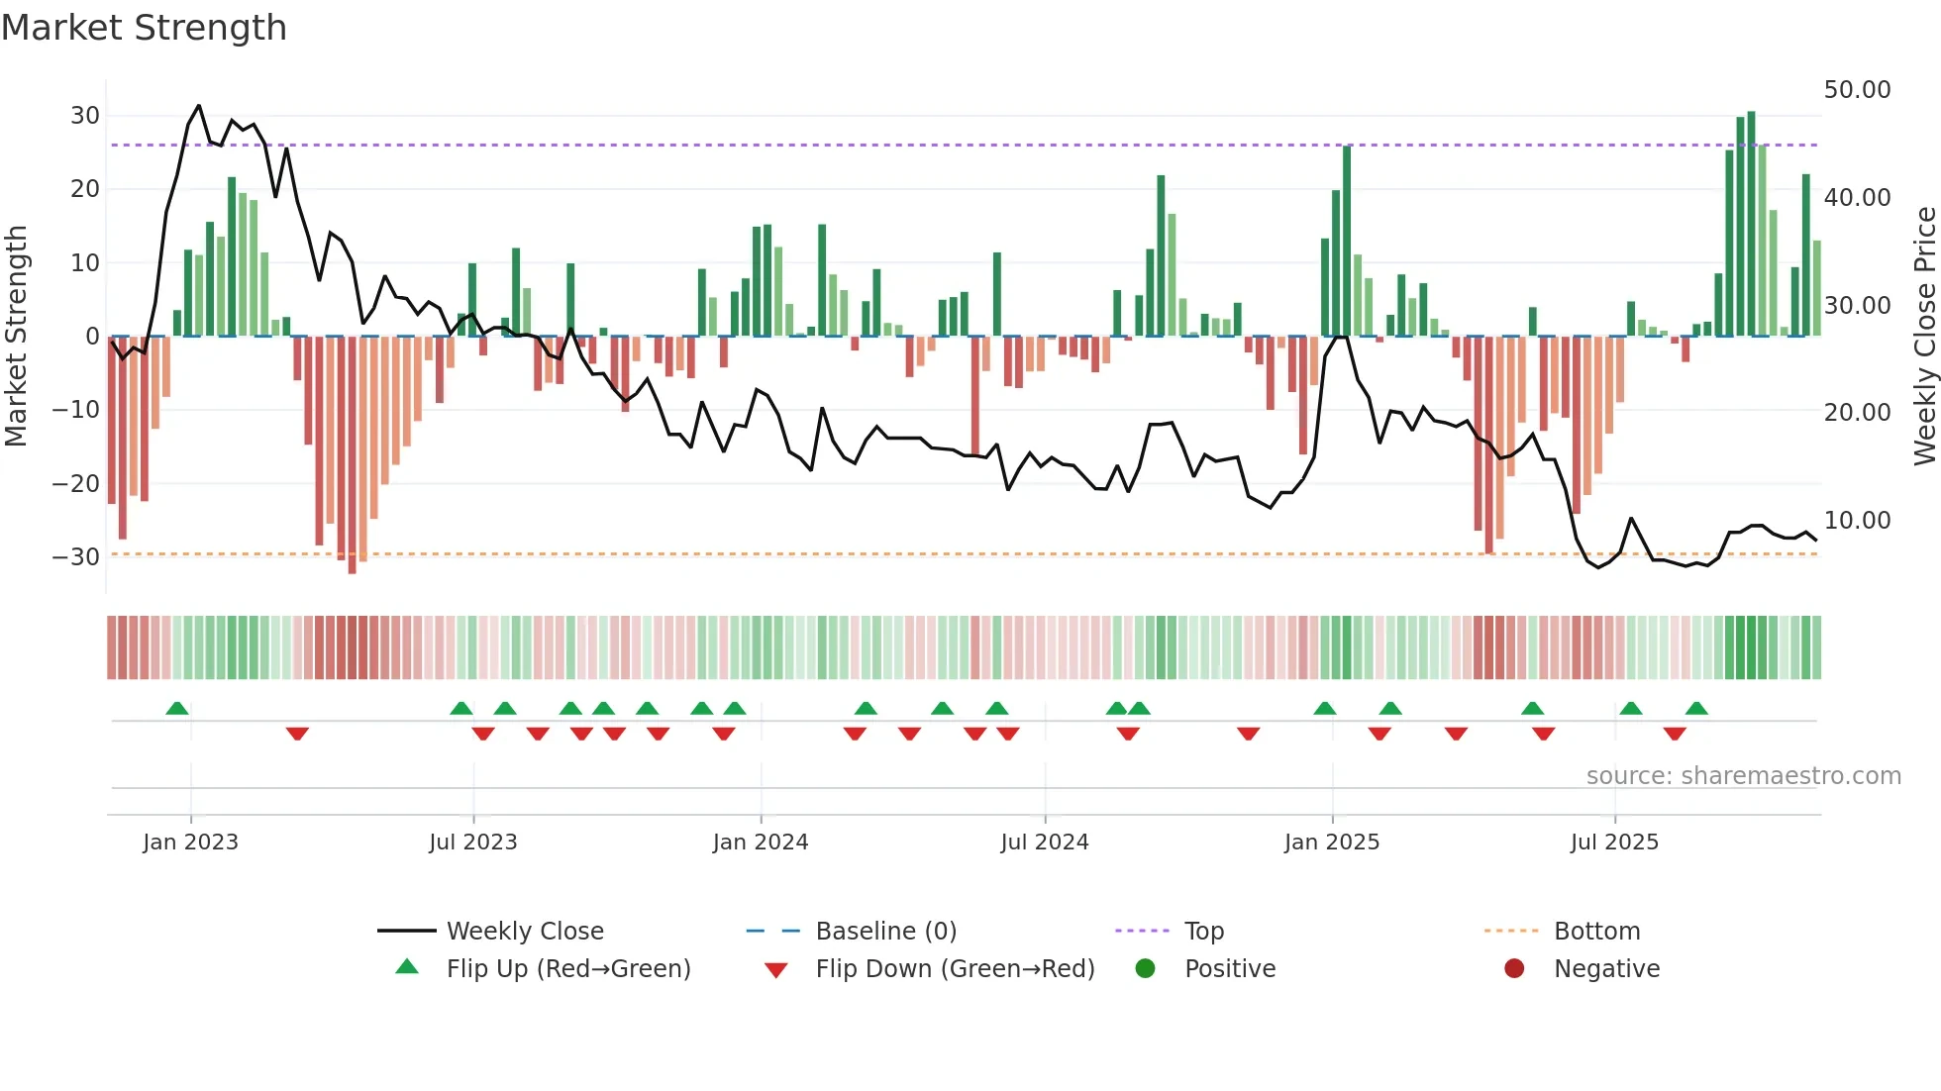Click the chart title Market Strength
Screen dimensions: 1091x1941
click(x=144, y=28)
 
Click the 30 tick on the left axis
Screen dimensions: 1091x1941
click(x=85, y=116)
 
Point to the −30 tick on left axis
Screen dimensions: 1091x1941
click(x=76, y=557)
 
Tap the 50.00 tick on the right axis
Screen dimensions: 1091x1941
click(x=1857, y=90)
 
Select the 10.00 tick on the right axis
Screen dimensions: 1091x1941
click(x=1857, y=521)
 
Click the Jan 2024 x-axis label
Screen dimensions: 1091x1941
click(x=760, y=843)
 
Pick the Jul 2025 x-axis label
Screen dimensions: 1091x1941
click(x=1613, y=843)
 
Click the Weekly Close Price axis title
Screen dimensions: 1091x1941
click(x=1924, y=337)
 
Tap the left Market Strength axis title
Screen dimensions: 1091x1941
click(x=16, y=337)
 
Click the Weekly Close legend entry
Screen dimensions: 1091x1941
click(x=524, y=932)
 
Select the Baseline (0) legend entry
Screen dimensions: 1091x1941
click(x=885, y=932)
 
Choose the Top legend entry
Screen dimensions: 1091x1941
click(x=1203, y=932)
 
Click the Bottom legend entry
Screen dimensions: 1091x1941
click(x=1596, y=932)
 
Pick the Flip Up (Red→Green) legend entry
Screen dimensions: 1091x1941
click(x=567, y=969)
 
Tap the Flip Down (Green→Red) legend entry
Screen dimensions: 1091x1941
click(x=955, y=969)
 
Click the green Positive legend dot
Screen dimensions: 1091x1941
click(x=1146, y=969)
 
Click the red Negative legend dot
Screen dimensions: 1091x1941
click(x=1514, y=969)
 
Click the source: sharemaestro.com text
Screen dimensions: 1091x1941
click(x=1743, y=776)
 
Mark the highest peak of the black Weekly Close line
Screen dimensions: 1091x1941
click(x=199, y=105)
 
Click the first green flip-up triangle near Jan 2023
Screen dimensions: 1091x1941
click(x=177, y=709)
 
